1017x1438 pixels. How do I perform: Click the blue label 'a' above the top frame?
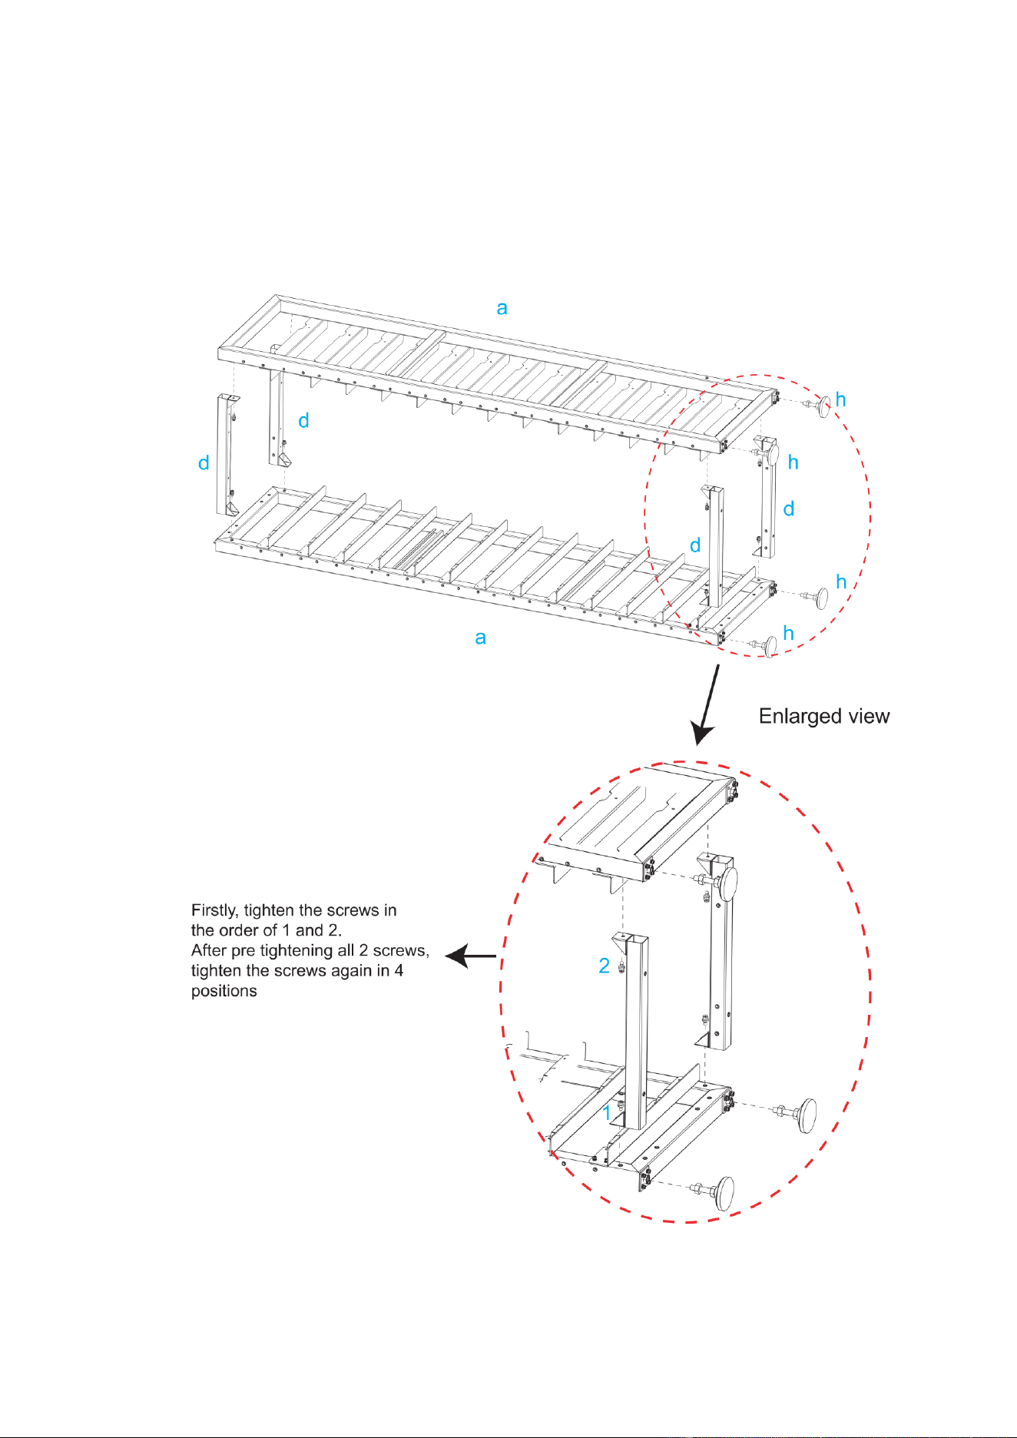pyautogui.click(x=502, y=308)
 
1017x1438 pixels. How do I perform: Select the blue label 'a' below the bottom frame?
pyautogui.click(x=481, y=638)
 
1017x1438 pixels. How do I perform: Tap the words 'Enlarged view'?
pyautogui.click(x=824, y=716)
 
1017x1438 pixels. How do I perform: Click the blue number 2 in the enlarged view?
pyautogui.click(x=605, y=966)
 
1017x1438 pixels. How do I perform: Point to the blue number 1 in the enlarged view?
pyautogui.click(x=607, y=1112)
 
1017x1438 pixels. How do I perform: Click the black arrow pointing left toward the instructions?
pyautogui.click(x=471, y=956)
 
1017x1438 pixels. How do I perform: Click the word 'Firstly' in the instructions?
pyautogui.click(x=215, y=911)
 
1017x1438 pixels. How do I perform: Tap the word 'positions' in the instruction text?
pyautogui.click(x=224, y=991)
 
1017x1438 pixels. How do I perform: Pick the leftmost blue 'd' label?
pyautogui.click(x=204, y=462)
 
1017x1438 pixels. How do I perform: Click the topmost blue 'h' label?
pyautogui.click(x=841, y=399)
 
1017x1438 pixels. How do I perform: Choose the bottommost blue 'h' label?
pyautogui.click(x=788, y=633)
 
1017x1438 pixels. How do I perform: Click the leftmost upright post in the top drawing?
pyautogui.click(x=227, y=455)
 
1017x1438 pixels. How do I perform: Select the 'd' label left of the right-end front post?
pyautogui.click(x=695, y=545)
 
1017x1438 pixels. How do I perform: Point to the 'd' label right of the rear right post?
pyautogui.click(x=789, y=509)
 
